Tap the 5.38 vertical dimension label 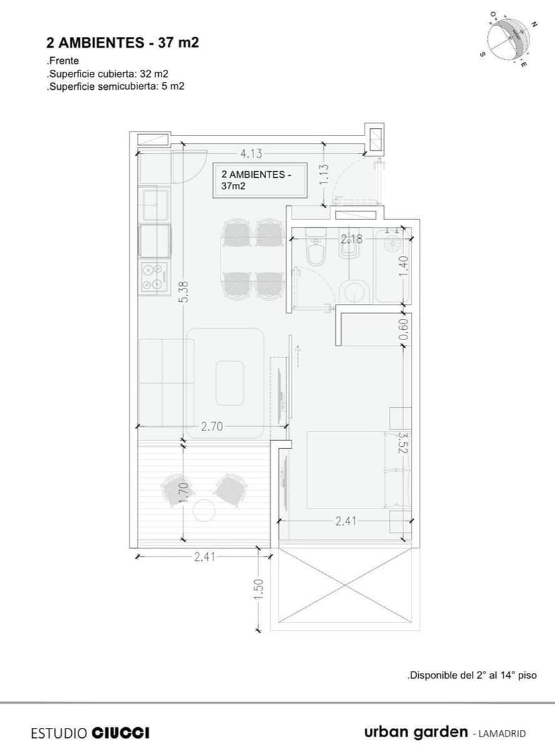click(x=184, y=290)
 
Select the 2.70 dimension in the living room click(x=212, y=426)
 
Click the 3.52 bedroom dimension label click(x=403, y=443)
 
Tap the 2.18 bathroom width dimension click(x=351, y=239)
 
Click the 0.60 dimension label click(x=403, y=329)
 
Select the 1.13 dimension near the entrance click(x=323, y=176)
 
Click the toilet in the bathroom click(x=314, y=250)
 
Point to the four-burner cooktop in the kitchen click(x=153, y=276)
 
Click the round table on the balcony click(x=204, y=511)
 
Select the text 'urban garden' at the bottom click(x=416, y=731)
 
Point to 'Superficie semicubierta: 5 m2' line click(x=115, y=86)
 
